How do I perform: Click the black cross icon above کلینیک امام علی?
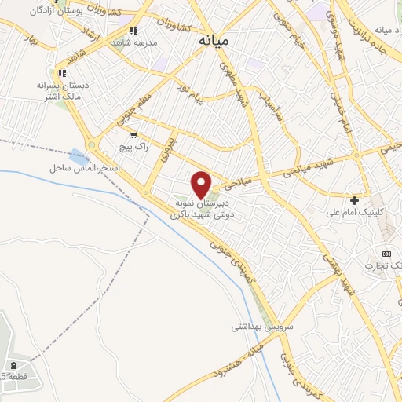coord(355,201)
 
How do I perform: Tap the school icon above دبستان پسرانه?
coord(60,73)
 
